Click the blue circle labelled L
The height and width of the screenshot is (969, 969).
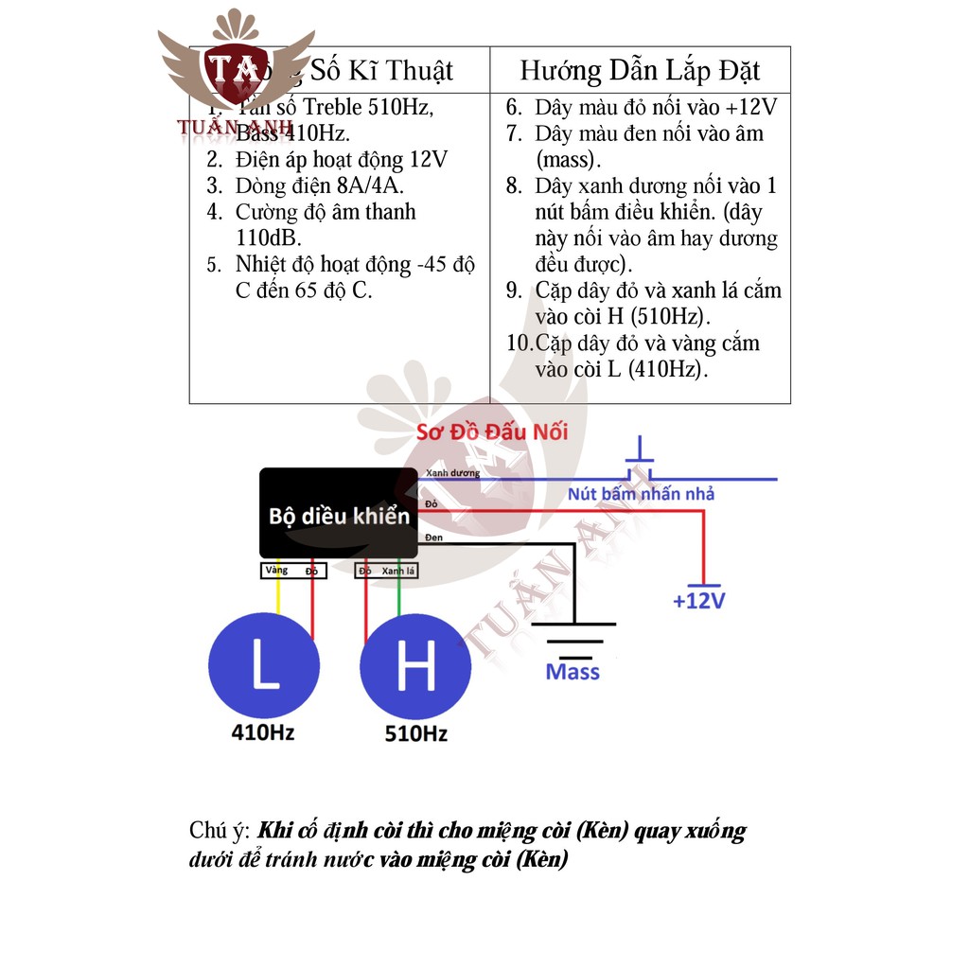pos(264,664)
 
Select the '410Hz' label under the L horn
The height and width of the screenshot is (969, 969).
pos(264,731)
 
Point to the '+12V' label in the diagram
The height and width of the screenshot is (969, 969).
pos(698,601)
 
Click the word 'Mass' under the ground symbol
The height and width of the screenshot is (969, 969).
pos(573,672)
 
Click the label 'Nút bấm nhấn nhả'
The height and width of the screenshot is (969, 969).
pos(641,493)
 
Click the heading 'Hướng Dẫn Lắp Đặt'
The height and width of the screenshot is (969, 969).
pos(640,70)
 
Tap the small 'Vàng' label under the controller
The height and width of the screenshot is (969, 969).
pos(276,572)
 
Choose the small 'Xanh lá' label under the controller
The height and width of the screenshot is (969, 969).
pos(399,572)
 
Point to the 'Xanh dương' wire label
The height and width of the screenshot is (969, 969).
pos(452,472)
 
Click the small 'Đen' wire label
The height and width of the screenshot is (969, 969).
pos(433,537)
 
